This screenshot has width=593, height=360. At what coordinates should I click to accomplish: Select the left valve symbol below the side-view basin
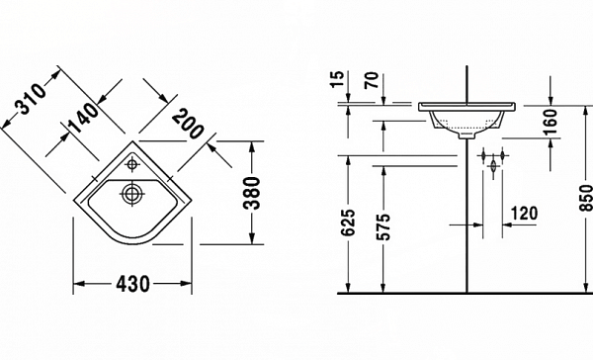[484, 157]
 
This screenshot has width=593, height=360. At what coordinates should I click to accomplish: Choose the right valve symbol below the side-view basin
[504, 157]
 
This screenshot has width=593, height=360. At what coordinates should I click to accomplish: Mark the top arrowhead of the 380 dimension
[255, 146]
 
